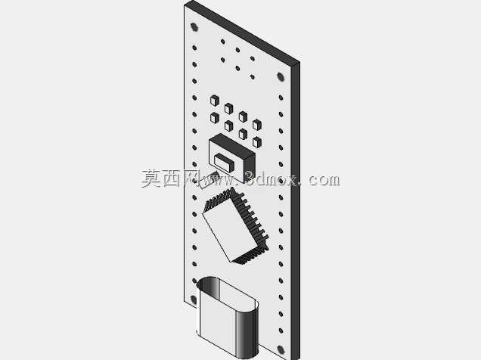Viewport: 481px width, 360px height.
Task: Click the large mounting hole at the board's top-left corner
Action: coord(194,27)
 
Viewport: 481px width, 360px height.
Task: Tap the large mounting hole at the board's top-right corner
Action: coord(281,76)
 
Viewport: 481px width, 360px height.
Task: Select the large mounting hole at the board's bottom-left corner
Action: coord(194,299)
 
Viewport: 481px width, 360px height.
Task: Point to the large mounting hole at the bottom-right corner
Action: coord(281,349)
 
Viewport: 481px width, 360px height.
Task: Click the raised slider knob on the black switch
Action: coord(224,162)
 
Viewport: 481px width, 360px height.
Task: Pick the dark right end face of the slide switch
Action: coord(250,168)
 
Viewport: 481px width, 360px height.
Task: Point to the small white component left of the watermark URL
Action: coord(209,180)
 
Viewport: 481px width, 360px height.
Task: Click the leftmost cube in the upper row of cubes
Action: coord(215,101)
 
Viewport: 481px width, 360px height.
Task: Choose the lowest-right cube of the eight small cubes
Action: coord(256,142)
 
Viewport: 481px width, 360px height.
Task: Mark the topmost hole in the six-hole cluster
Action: coord(222,42)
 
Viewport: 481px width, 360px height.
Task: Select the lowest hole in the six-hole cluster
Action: coord(253,77)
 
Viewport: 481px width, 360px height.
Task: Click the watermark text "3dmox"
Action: coord(271,178)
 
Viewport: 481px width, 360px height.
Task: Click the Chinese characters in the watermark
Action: coord(171,178)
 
